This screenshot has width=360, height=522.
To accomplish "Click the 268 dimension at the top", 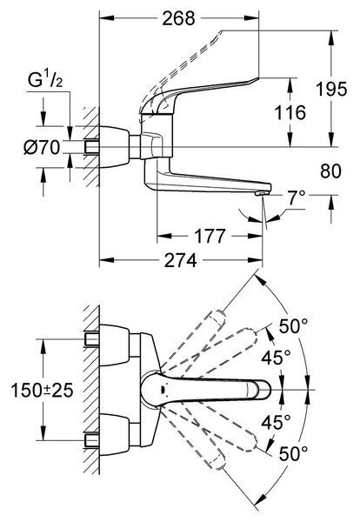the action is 178,18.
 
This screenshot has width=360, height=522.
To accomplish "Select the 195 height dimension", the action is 331,89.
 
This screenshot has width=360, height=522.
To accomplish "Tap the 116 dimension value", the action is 290,112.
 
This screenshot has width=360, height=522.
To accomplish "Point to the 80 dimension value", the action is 330,171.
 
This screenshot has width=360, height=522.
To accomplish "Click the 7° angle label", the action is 297,198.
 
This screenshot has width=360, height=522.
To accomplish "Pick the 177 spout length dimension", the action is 210,236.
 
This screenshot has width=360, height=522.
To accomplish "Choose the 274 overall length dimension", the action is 181,260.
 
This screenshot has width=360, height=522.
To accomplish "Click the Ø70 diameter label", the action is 42,147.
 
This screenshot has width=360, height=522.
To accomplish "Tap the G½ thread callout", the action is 45,80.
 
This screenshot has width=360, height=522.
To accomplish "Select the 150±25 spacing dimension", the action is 42,390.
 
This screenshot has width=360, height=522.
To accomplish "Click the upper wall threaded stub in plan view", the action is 92,339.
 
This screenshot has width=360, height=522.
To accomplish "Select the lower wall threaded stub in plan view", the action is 92,440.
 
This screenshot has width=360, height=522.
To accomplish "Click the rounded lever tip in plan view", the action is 265,390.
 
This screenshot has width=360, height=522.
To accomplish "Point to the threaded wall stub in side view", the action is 92,147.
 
